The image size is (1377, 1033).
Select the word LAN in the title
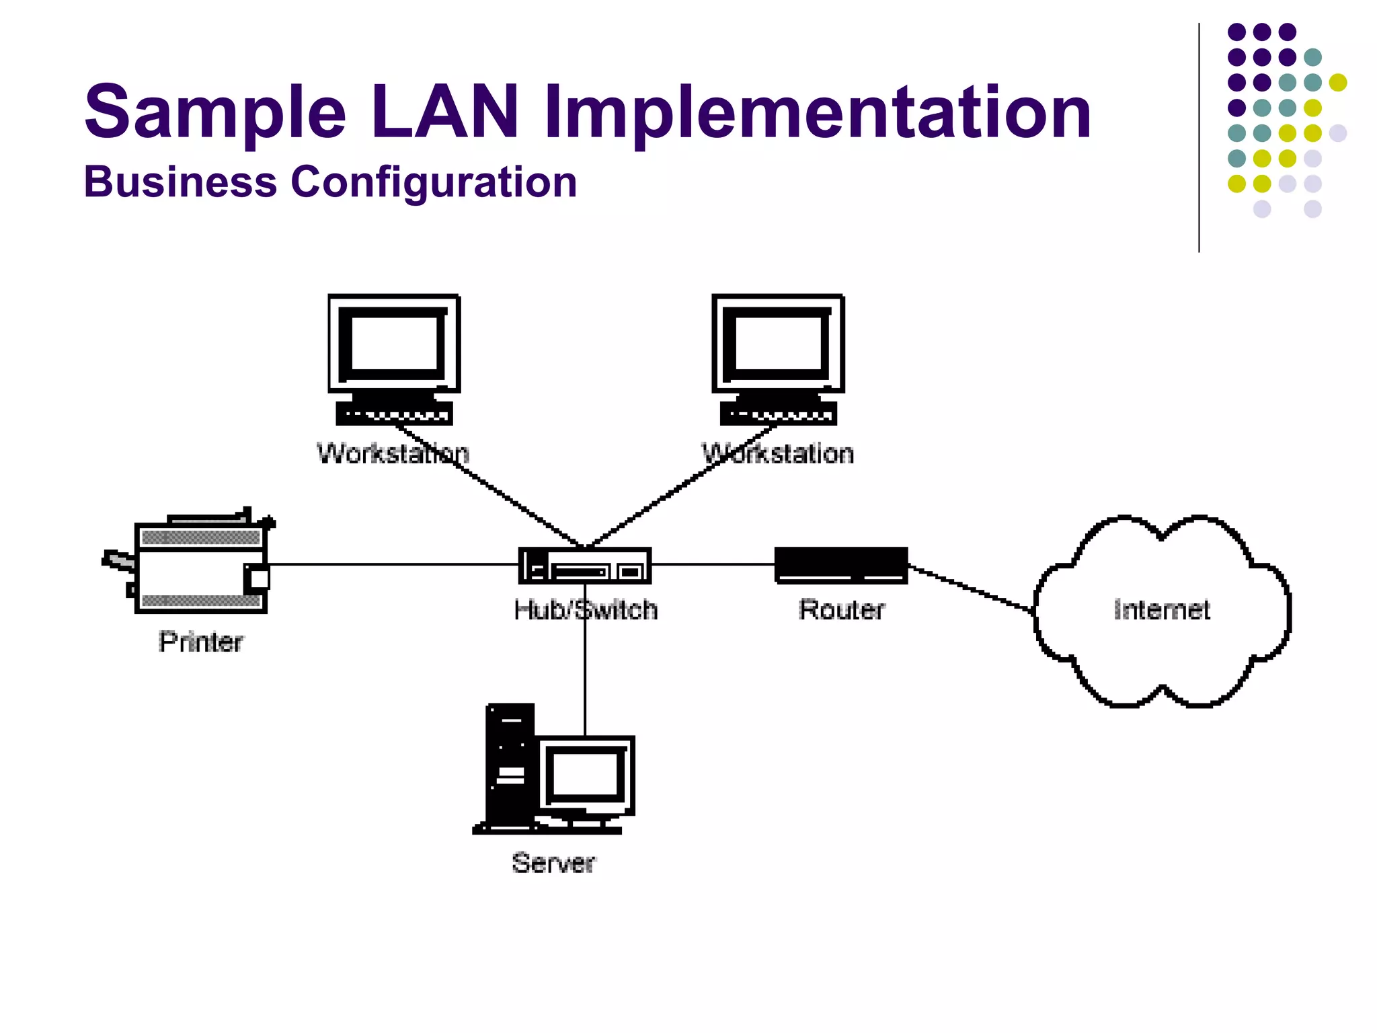(444, 111)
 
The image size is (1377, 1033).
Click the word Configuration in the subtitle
(434, 182)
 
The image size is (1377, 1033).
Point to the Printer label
(200, 642)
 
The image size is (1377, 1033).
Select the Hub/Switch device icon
(585, 566)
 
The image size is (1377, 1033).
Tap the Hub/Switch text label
(585, 610)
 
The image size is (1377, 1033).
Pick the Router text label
(841, 610)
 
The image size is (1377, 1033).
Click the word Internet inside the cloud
(1161, 610)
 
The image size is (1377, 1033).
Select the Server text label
(553, 863)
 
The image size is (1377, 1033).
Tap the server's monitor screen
(585, 773)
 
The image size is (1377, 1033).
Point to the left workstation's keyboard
(394, 413)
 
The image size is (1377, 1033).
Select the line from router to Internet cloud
(972, 588)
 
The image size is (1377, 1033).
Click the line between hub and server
(585, 679)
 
